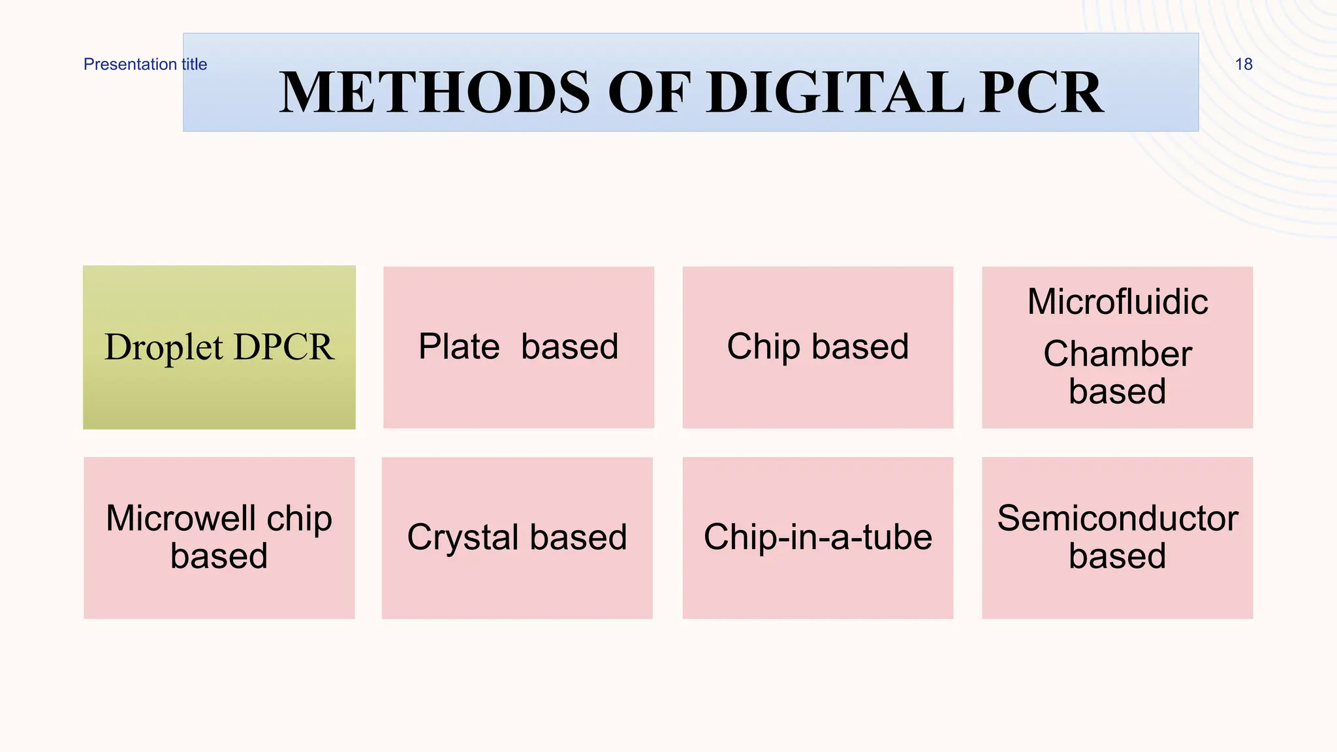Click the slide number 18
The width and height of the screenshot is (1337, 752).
pos(1243,64)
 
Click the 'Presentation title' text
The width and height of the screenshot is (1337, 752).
pos(145,64)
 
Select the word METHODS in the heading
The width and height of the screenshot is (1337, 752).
pos(435,93)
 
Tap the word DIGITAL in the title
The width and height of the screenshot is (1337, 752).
pos(835,93)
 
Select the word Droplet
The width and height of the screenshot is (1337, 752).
pos(163,347)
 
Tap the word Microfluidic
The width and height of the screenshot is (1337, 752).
pos(1117,302)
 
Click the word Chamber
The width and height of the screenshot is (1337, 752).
pos(1117,354)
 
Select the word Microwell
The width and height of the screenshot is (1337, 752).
pos(181,518)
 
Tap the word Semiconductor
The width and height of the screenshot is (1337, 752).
pos(1117,518)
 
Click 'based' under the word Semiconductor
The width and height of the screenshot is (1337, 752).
pos(1117,556)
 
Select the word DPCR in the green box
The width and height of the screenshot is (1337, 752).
pos(283,347)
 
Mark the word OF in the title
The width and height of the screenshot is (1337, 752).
pos(649,93)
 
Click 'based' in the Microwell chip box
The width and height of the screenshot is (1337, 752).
pos(219,556)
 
